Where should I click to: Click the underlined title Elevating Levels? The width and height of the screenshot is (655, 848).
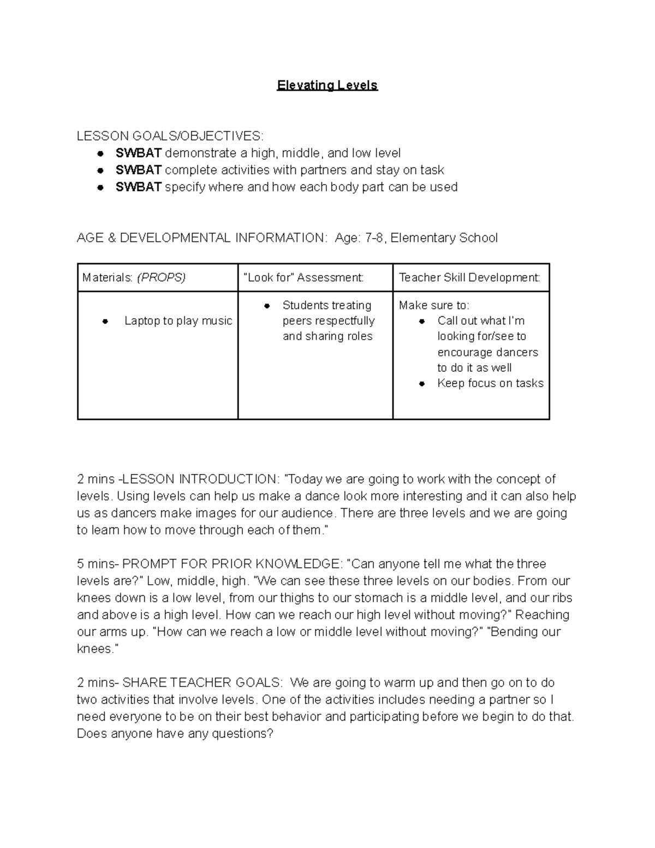327,86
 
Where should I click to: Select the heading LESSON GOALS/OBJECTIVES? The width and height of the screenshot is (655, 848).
170,136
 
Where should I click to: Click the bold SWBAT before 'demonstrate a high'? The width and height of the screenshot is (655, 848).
138,153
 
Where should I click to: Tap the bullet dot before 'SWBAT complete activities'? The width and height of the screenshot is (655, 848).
100,170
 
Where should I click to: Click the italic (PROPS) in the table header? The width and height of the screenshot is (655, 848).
161,277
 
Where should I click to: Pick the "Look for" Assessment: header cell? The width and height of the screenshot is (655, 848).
303,277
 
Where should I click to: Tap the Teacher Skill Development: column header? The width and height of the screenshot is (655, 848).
469,277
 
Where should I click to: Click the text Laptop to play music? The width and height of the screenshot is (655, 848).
178,321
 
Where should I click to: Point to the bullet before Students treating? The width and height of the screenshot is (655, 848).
266,306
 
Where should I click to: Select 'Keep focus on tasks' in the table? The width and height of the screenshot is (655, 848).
490,383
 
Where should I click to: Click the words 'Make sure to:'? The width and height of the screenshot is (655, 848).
434,305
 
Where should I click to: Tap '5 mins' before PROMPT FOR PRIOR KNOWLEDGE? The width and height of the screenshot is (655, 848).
96,564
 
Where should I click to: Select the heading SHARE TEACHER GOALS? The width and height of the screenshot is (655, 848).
203,683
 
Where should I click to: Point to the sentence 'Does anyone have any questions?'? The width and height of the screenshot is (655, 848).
175,734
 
